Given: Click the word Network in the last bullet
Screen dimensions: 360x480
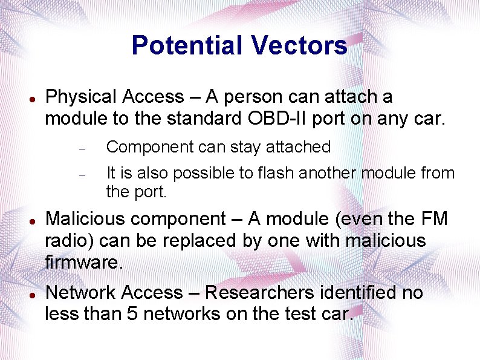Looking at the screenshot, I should [x=81, y=293].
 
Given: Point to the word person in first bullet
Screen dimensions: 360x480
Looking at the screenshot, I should [x=261, y=97].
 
